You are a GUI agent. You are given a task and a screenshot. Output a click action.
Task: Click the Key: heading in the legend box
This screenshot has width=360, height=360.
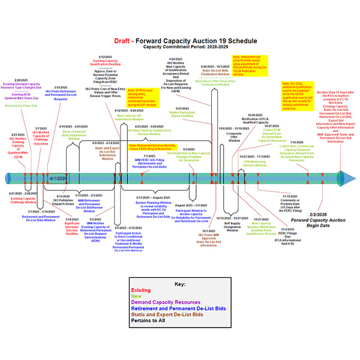180,284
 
